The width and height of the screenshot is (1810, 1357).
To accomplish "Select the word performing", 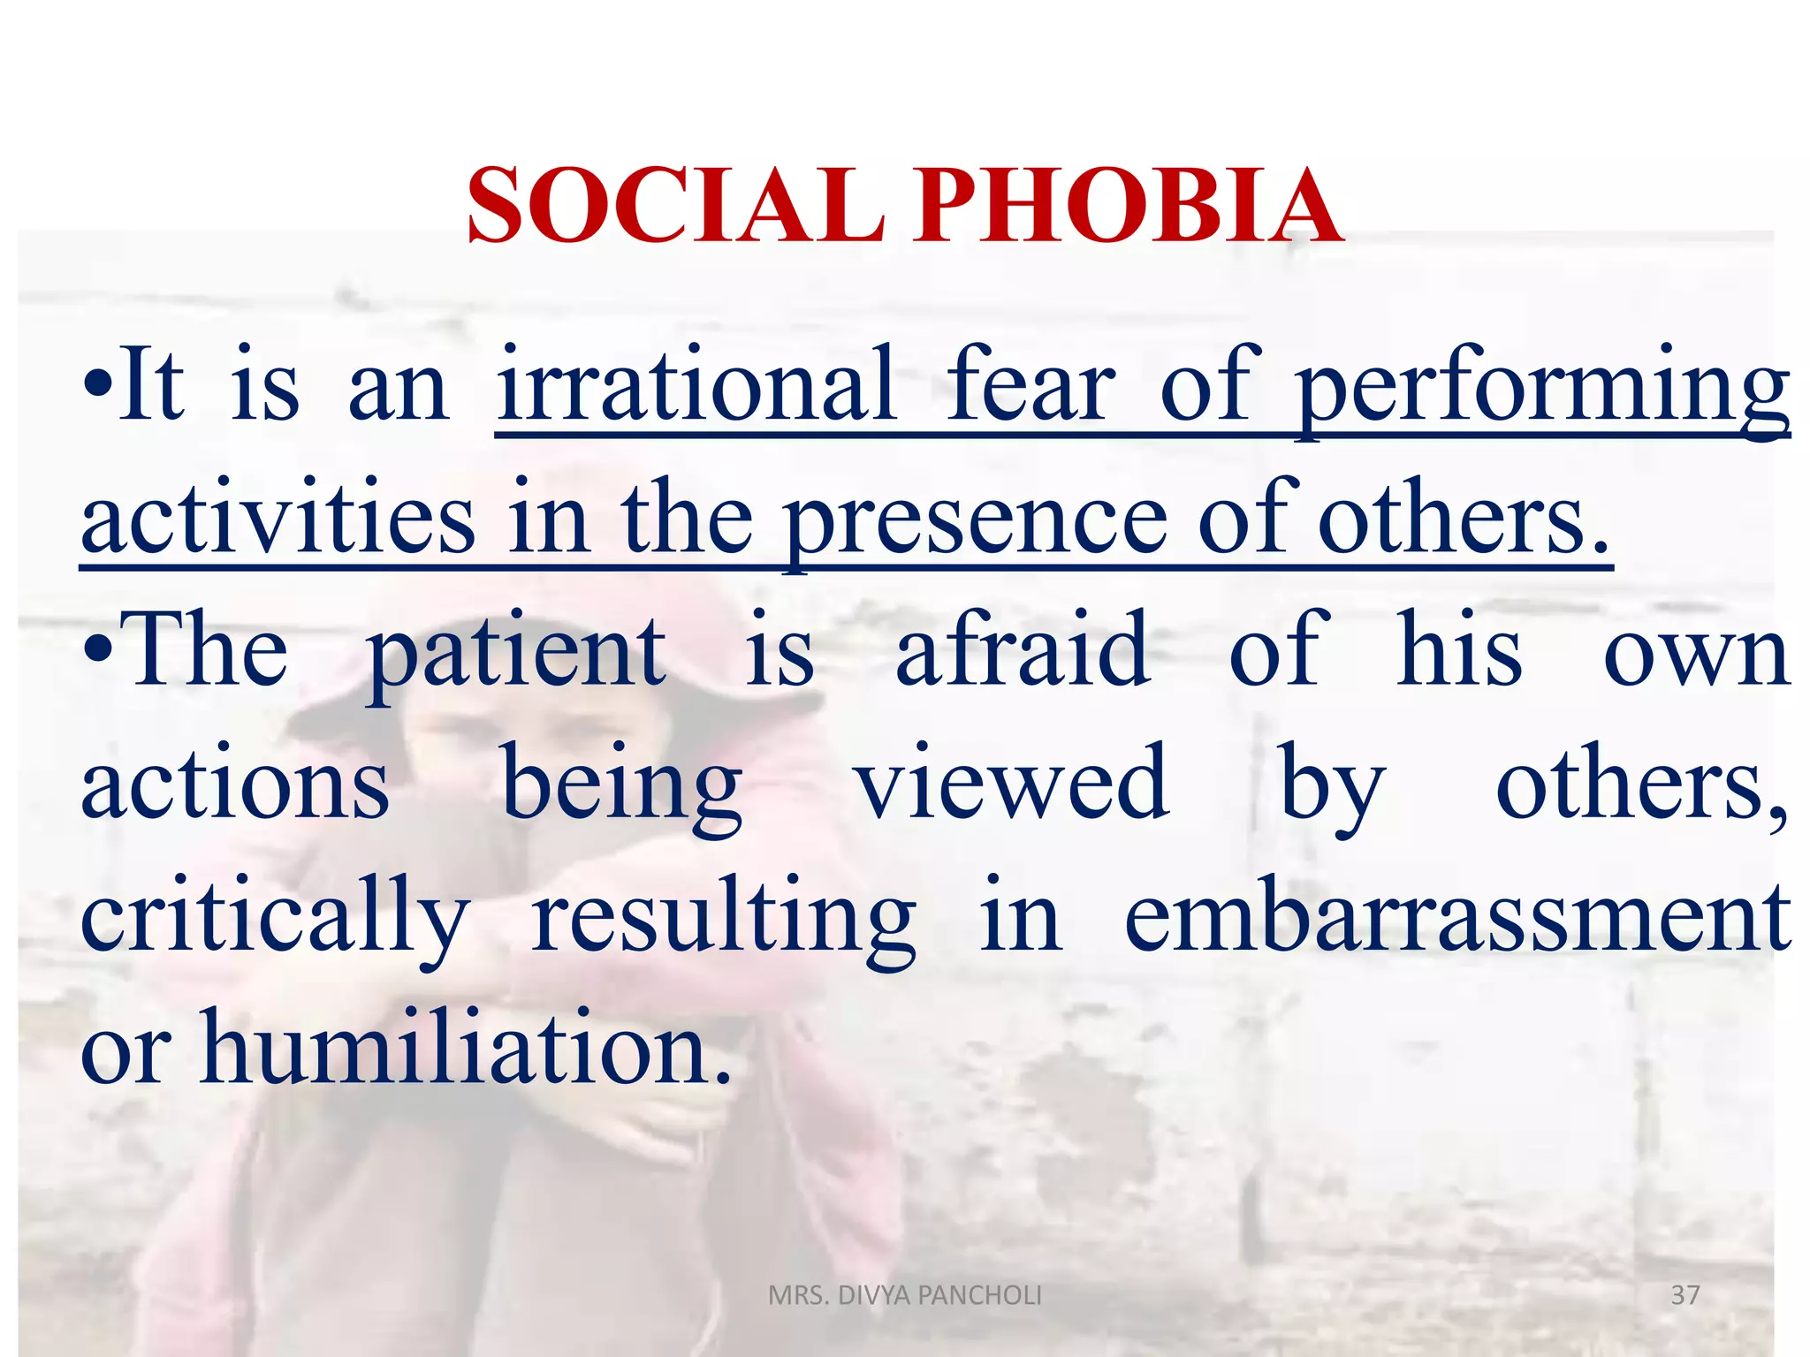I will (x=1542, y=388).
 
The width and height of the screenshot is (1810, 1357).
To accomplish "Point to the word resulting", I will (x=724, y=919).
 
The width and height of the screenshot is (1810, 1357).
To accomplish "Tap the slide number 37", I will (x=1685, y=1295).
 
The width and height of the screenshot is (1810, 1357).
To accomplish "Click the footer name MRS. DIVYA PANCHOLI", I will (x=905, y=1295).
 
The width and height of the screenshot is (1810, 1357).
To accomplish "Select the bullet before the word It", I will (x=97, y=389).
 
